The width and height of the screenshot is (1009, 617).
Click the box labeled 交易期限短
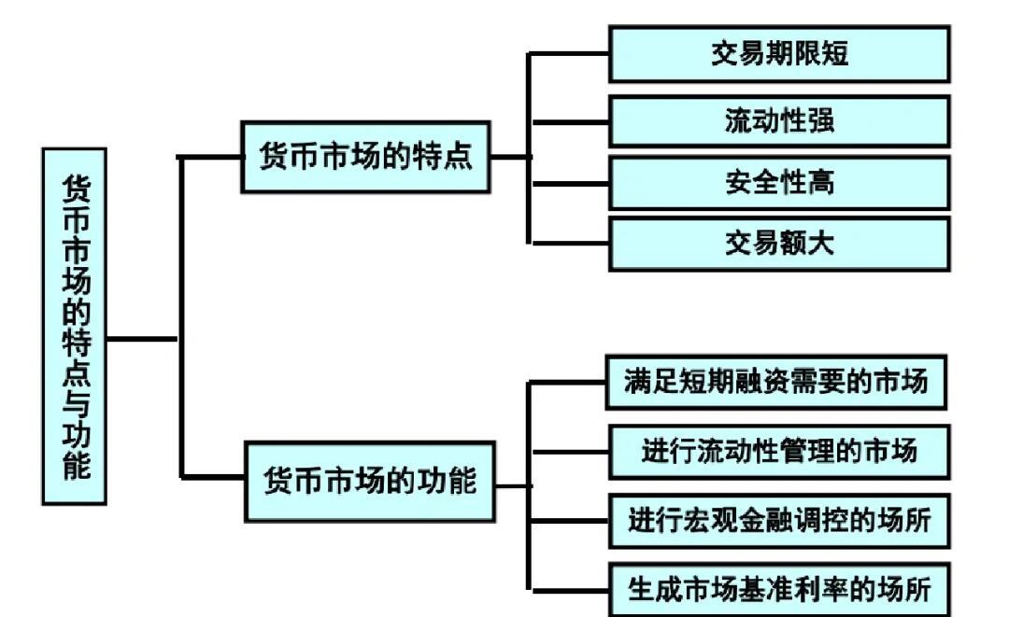pyautogui.click(x=779, y=54)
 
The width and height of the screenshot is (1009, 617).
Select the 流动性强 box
pyautogui.click(x=779, y=120)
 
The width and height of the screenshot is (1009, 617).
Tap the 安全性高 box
pyautogui.click(x=779, y=182)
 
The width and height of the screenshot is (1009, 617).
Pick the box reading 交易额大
pyautogui.click(x=779, y=244)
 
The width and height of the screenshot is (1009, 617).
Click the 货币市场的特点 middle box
pyautogui.click(x=365, y=157)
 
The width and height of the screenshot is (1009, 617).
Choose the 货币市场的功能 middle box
pyautogui.click(x=369, y=482)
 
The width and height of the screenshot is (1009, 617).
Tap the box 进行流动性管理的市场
pyautogui.click(x=778, y=451)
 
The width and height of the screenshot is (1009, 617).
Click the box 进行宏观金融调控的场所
pyautogui.click(x=778, y=520)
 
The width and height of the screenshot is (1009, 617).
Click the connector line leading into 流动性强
pyautogui.click(x=570, y=121)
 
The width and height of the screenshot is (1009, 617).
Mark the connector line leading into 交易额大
pyautogui.click(x=570, y=244)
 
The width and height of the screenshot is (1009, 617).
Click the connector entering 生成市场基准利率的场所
pyautogui.click(x=570, y=588)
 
